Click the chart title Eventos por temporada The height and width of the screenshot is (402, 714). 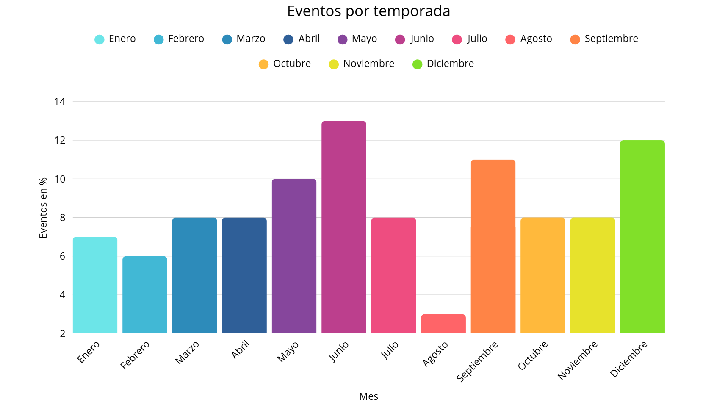pos(368,11)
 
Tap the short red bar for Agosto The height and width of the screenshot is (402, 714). pos(443,324)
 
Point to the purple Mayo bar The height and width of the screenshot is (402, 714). pos(294,256)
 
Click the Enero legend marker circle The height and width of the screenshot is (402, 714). pos(99,39)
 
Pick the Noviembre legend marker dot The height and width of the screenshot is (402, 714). pos(334,64)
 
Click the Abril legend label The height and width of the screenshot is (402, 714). pos(309,39)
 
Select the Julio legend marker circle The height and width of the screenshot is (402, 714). pos(457,39)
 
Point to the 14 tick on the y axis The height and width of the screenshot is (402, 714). pos(60,101)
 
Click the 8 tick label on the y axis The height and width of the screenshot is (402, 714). pos(62,218)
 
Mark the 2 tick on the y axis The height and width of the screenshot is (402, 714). pos(62,333)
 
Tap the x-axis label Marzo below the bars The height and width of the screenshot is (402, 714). pos(187,352)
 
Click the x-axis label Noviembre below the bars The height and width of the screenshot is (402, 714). pos(577,360)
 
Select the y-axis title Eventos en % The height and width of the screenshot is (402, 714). pos(43,208)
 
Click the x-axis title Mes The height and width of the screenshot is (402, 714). pos(368,396)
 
